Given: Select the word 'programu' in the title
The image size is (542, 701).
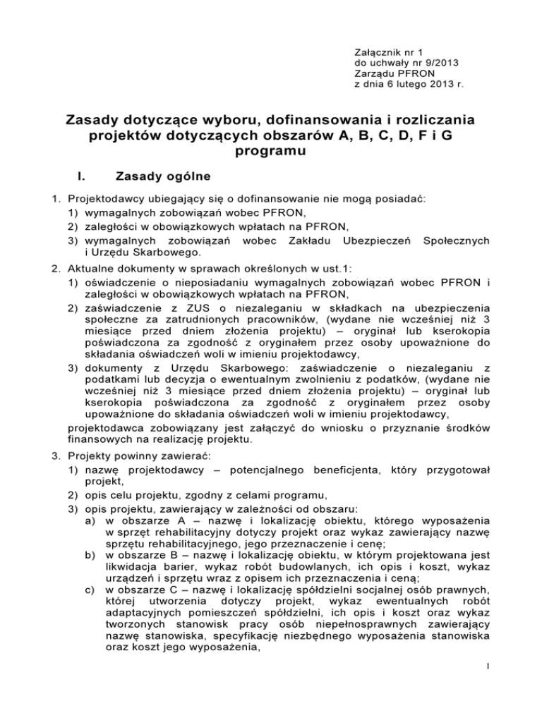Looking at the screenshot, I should (271, 152).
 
